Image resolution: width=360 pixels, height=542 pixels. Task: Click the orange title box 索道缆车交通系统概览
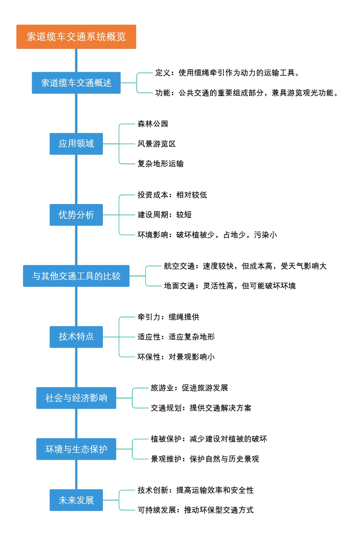click(76, 37)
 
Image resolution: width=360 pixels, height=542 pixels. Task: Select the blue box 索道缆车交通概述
click(76, 83)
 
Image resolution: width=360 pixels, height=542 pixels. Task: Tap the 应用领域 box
click(76, 144)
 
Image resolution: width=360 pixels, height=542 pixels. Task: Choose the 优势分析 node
click(76, 215)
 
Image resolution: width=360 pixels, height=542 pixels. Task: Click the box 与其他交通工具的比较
click(76, 276)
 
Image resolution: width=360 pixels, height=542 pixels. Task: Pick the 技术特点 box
click(76, 337)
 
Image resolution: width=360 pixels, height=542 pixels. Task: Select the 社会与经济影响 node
click(76, 398)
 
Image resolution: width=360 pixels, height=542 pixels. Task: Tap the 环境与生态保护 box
click(76, 449)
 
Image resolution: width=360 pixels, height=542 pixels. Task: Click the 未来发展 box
click(76, 500)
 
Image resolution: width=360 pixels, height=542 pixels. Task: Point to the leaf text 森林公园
click(153, 124)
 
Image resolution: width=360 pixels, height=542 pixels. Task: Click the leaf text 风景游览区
click(157, 144)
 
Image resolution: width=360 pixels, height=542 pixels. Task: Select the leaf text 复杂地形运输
click(160, 164)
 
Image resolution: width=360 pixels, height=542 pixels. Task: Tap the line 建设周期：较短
click(164, 215)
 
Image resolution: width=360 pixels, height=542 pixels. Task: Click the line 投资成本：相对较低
click(172, 195)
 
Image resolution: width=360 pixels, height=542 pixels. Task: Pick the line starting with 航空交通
click(245, 266)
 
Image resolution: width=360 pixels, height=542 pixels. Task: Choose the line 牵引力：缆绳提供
click(168, 317)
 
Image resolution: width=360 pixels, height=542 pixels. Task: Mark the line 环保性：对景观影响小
click(176, 357)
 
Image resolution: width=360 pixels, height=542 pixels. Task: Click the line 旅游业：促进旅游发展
click(189, 388)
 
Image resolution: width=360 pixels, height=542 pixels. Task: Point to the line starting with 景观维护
click(205, 459)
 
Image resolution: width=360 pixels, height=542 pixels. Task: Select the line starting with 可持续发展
click(195, 510)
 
